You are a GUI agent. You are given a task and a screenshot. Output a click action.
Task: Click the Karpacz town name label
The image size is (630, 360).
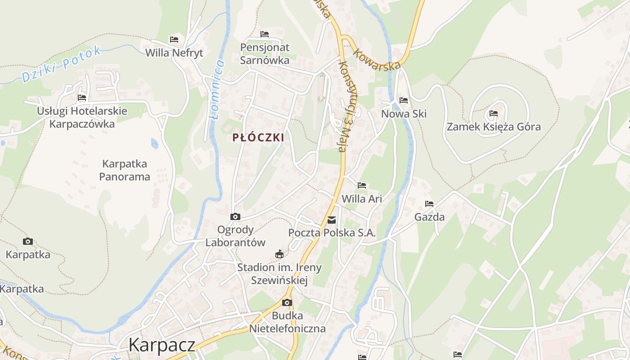pyautogui.click(x=162, y=345)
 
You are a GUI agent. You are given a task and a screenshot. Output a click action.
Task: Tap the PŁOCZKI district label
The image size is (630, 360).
pyautogui.click(x=258, y=138)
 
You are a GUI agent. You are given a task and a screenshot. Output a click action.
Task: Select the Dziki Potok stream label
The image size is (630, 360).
pyautogui.click(x=62, y=64)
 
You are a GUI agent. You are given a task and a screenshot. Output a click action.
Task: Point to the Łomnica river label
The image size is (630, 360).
pyautogui.click(x=217, y=90)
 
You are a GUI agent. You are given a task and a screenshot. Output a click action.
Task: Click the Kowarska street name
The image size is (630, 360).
pyautogui.click(x=377, y=59)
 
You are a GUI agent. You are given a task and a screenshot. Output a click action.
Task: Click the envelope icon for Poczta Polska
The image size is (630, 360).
pyautogui.click(x=332, y=220)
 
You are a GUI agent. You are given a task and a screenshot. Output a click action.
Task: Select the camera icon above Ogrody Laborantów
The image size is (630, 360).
pyautogui.click(x=235, y=217)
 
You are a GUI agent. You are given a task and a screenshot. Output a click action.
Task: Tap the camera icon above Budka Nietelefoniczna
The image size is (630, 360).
pyautogui.click(x=287, y=302)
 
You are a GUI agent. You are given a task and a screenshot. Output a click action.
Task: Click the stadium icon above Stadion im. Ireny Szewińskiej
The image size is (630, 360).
pyautogui.click(x=279, y=254)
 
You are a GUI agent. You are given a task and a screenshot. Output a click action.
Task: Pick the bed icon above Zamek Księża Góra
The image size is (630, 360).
pyautogui.click(x=494, y=113)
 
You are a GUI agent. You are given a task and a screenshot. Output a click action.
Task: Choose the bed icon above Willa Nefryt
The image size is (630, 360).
pyautogui.click(x=174, y=40)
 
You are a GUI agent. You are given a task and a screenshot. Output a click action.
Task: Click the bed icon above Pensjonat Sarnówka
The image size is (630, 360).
pyautogui.click(x=265, y=34)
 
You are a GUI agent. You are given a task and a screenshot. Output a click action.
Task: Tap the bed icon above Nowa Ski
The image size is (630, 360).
pyautogui.click(x=404, y=100)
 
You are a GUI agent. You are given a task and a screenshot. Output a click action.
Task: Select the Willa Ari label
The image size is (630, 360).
pyautogui.click(x=362, y=198)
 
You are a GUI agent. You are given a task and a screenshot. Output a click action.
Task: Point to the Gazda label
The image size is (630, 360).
pyautogui.click(x=429, y=217)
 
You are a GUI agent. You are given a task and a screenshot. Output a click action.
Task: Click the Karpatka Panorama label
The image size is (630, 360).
pyautogui.click(x=125, y=170)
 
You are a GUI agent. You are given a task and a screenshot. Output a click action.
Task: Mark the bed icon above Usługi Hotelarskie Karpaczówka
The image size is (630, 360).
pyautogui.click(x=82, y=97)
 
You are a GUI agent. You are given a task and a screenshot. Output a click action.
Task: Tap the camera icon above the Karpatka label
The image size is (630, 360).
pyautogui.click(x=28, y=242)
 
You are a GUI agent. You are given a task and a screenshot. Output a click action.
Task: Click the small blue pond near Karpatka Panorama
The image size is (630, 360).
pyautogui.click(x=154, y=144)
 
